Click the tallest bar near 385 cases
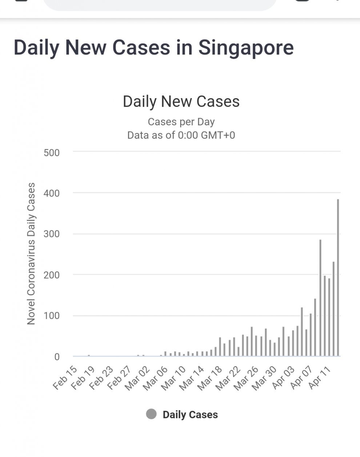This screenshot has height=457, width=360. pos(338,278)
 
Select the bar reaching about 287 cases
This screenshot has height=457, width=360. pos(320,298)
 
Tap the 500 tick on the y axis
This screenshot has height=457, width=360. pos(52,153)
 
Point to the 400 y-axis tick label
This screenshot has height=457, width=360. pos(52,193)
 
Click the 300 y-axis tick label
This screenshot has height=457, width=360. pos(52,234)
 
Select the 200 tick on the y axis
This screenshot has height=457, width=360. pos(52,275)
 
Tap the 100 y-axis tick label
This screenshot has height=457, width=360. pos(52,316)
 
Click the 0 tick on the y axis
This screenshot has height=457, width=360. pos(57,357)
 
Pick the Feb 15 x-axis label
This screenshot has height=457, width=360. pos(65,378)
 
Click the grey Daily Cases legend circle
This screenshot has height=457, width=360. pos(151,414)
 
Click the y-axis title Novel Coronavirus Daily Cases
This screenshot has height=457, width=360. pos(31,253)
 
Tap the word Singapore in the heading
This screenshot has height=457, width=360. pos(246,48)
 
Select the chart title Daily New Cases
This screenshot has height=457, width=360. pos(181,101)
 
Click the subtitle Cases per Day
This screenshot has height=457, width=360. pos(181,122)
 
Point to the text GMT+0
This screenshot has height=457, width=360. pos(218,135)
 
